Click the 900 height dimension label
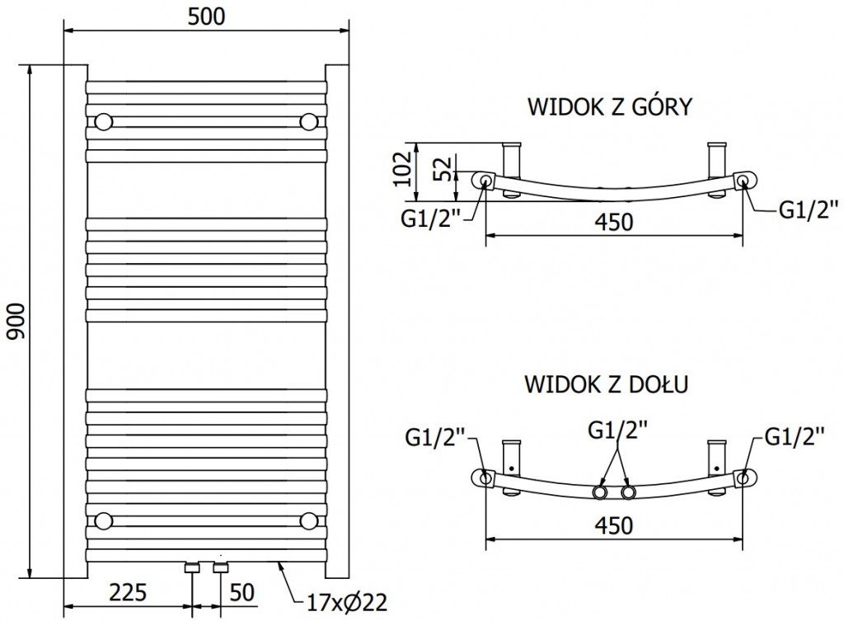(x=17, y=321)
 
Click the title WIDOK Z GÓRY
(x=608, y=107)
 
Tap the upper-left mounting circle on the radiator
(x=104, y=122)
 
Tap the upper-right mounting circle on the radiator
(x=309, y=122)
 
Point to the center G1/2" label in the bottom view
(x=617, y=430)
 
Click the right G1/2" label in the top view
(x=808, y=210)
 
